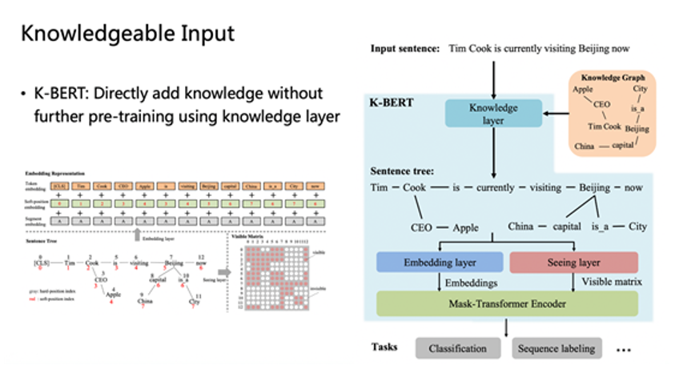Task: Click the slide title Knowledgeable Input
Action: click(x=127, y=34)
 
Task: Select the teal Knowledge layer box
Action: click(x=492, y=114)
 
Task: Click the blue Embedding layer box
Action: click(x=440, y=262)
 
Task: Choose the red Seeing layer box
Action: click(x=574, y=262)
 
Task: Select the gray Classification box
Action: click(x=458, y=348)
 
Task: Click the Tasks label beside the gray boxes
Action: click(x=385, y=347)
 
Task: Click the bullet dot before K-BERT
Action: click(x=24, y=94)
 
